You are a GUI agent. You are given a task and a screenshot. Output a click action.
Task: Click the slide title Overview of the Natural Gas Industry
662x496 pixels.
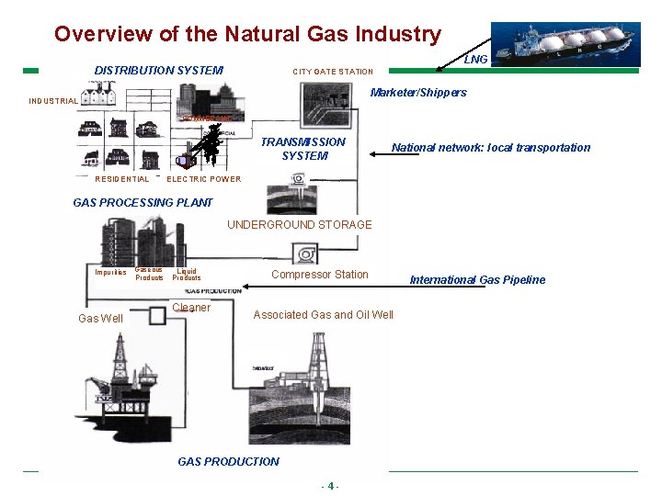[247, 34]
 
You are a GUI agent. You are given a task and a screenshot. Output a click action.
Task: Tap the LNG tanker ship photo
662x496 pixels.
[565, 44]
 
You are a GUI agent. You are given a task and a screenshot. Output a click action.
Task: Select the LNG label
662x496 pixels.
[476, 60]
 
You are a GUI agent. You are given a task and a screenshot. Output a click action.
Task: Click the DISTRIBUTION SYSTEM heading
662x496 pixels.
[158, 71]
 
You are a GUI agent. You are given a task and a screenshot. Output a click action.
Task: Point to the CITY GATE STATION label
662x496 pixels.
[333, 72]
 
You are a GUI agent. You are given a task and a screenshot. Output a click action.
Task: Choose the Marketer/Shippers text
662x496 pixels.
[417, 93]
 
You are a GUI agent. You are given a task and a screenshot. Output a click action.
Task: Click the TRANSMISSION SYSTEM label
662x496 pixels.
[303, 149]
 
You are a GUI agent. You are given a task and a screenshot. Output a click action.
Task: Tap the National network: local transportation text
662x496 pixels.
[491, 148]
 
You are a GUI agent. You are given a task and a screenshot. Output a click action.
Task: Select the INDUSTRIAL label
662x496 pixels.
[53, 101]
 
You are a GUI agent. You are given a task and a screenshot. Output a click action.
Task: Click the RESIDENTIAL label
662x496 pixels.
[121, 179]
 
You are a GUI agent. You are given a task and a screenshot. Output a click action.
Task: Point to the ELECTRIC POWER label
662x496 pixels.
[203, 179]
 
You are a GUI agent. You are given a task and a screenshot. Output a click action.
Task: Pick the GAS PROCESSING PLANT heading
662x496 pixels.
[143, 203]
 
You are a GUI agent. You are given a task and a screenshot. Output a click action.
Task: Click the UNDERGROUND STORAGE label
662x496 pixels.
[300, 225]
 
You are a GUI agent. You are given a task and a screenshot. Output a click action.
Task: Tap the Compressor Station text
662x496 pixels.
[319, 275]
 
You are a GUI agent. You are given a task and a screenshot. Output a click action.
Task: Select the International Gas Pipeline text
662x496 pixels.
[477, 280]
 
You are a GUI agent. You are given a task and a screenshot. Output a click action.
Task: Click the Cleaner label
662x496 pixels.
[191, 308]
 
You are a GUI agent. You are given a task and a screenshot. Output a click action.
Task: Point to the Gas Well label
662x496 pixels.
[100, 319]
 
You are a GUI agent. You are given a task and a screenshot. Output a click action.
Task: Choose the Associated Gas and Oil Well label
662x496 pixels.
[323, 315]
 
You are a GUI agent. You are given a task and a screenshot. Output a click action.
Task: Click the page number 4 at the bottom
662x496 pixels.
[330, 486]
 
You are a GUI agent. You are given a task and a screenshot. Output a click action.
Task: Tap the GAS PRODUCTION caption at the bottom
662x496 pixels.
[228, 462]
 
